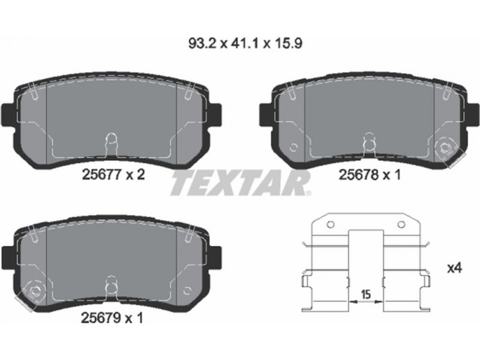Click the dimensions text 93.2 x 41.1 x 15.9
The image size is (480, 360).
(245, 44)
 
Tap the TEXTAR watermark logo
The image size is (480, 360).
(241, 184)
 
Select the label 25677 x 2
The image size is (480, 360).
(113, 175)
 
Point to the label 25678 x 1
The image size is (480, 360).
(370, 175)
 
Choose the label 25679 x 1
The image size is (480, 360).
(112, 319)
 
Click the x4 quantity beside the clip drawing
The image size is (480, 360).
(454, 268)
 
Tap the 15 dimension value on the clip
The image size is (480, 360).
(366, 295)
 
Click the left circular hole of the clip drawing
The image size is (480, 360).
(331, 224)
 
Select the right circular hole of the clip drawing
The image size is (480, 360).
(401, 224)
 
